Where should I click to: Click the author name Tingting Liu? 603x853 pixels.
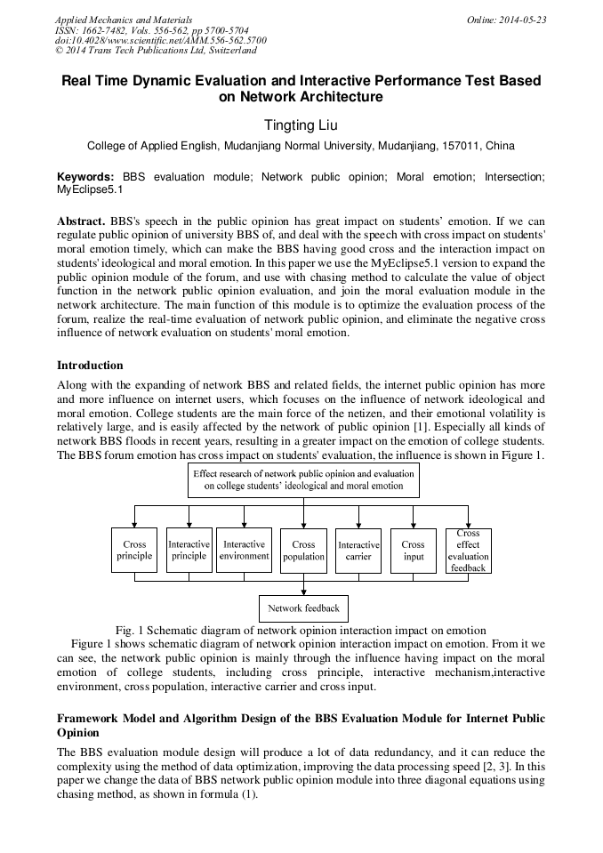coord(301,125)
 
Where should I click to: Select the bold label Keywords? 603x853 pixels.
coord(85,177)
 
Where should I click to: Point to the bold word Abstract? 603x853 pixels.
coord(82,220)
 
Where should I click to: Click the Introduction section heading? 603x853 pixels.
coord(90,366)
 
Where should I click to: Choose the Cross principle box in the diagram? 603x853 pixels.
coord(134,551)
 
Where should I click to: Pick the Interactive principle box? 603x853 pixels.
coord(189,551)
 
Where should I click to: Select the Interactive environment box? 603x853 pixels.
coord(244,551)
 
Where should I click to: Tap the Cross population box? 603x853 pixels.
coord(303,551)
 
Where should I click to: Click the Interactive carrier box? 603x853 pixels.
coord(358,551)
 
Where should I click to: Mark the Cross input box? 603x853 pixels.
coord(413,551)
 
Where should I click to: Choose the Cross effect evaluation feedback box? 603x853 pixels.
coord(468,551)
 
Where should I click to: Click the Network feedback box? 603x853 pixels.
coord(303,608)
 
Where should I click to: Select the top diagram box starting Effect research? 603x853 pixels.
coord(303,480)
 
